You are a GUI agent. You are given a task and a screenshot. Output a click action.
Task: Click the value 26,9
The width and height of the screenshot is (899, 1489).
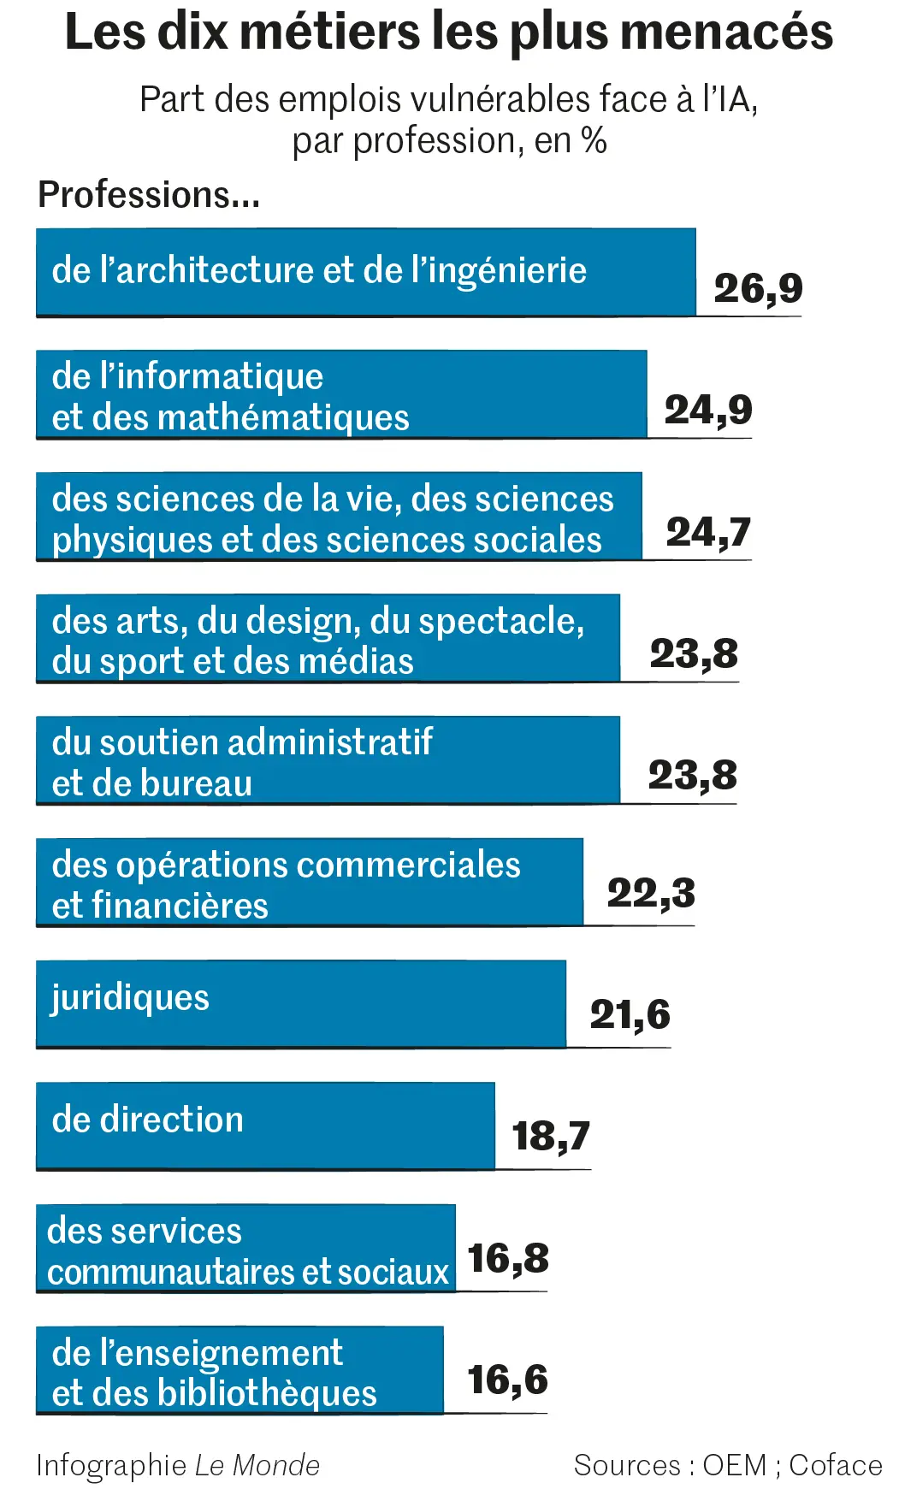[x=758, y=288]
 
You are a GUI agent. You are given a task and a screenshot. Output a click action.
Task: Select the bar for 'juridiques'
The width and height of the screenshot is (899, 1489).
[x=300, y=1003]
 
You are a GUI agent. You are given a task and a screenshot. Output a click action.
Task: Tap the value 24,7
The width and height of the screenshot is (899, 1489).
[x=708, y=532]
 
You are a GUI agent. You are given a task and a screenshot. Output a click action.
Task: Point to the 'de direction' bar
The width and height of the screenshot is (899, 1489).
[x=265, y=1126]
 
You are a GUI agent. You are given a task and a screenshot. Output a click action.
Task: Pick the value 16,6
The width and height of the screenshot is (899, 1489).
[x=507, y=1380]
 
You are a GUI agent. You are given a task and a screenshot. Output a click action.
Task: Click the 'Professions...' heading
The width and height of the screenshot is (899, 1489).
[x=149, y=195]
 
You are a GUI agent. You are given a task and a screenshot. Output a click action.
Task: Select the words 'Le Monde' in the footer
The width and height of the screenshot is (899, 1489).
[x=257, y=1465]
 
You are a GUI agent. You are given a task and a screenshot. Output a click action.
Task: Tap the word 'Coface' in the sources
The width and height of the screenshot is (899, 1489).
[x=835, y=1465]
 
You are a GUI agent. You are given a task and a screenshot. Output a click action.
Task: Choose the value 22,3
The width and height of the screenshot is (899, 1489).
[x=651, y=893]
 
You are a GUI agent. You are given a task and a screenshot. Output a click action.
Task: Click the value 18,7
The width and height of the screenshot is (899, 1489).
[x=551, y=1136]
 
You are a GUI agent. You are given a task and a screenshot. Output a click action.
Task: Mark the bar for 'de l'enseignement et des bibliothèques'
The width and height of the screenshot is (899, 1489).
[x=240, y=1369]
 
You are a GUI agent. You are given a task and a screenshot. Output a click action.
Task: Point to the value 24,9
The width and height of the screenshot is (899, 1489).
[x=708, y=410]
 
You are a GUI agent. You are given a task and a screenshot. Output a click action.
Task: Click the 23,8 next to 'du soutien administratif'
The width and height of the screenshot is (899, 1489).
[x=692, y=776]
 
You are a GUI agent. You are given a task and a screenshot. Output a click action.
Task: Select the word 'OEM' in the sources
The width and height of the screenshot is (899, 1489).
[x=734, y=1465]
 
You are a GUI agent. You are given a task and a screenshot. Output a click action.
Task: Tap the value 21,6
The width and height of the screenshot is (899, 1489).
[x=630, y=1014]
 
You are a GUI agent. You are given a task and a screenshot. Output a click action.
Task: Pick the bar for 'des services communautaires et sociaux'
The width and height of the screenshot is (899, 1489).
[x=245, y=1248]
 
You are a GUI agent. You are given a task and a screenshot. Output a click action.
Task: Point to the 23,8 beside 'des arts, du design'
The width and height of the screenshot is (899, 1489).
[x=694, y=654]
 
